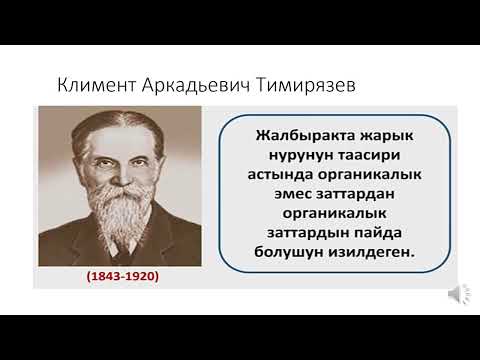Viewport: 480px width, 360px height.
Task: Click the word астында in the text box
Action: click(272, 175)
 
